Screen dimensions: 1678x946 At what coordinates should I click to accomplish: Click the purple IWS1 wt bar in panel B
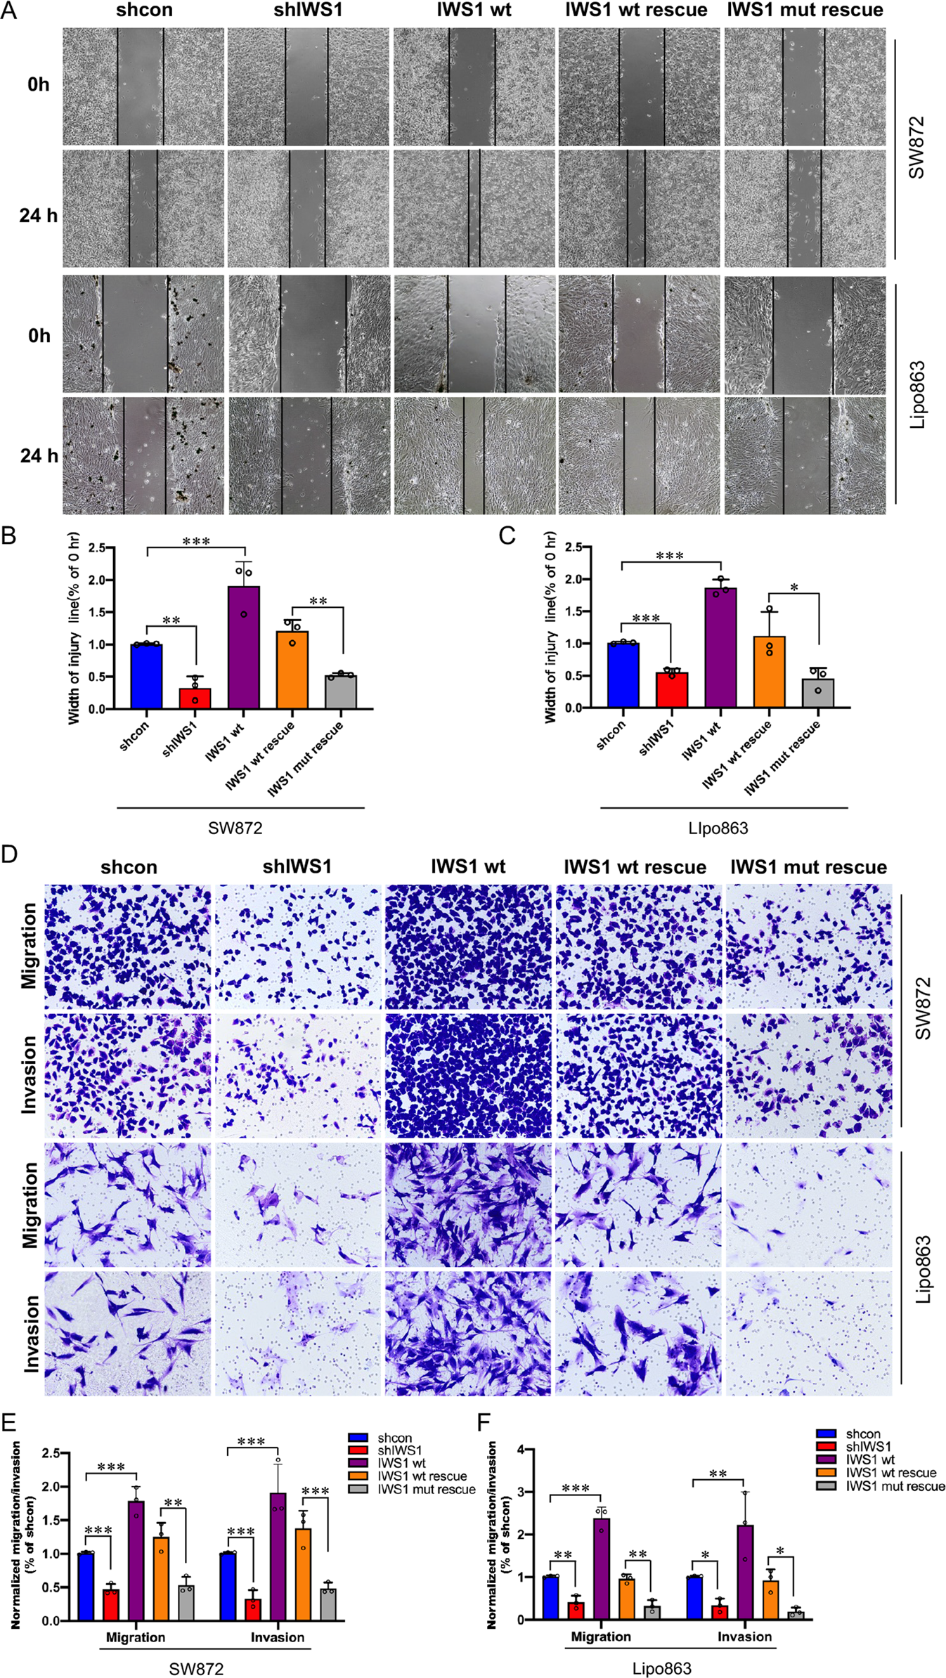point(244,647)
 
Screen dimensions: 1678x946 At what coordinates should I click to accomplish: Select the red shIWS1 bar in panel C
point(672,690)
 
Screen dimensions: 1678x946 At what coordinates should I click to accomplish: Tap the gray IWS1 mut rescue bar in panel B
point(341,692)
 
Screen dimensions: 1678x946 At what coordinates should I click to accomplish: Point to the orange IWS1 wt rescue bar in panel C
point(770,672)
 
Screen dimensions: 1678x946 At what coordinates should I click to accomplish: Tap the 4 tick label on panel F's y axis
point(521,1450)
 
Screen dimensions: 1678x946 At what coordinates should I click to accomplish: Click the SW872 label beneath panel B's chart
point(235,828)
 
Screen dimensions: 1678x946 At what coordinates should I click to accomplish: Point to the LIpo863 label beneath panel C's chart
point(718,828)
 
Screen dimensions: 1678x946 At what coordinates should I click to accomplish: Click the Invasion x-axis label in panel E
point(278,1637)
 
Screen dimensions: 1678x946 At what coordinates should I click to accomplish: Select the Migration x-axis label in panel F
point(601,1637)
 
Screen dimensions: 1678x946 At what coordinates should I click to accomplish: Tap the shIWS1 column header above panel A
point(308,11)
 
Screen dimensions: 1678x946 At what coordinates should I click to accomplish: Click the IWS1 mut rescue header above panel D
point(808,867)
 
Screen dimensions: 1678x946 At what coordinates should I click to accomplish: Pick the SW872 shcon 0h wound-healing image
point(143,86)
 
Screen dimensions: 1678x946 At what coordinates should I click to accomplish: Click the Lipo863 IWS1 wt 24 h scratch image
point(474,456)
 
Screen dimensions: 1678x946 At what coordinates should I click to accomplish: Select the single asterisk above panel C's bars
point(794,587)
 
